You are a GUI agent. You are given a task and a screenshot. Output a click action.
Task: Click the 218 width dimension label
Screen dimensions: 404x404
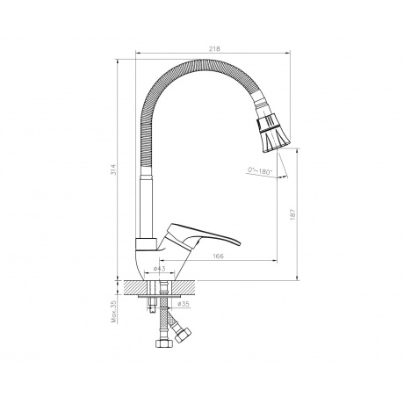(214, 48)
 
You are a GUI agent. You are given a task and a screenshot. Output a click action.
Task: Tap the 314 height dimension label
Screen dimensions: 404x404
(113, 170)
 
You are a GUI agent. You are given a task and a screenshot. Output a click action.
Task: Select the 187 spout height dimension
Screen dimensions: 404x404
(293, 214)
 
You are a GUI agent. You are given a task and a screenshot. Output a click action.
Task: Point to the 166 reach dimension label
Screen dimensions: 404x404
(218, 256)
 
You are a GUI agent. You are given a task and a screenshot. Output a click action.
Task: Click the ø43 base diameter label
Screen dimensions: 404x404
(160, 269)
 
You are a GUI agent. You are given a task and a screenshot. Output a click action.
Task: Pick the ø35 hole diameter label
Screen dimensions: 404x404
(184, 304)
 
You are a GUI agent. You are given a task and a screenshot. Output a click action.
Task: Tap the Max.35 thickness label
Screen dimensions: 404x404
(114, 312)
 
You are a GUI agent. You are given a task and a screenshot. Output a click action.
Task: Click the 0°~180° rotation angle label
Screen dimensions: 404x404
(260, 170)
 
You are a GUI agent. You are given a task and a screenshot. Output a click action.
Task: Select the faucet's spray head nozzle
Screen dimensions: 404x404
(274, 133)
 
